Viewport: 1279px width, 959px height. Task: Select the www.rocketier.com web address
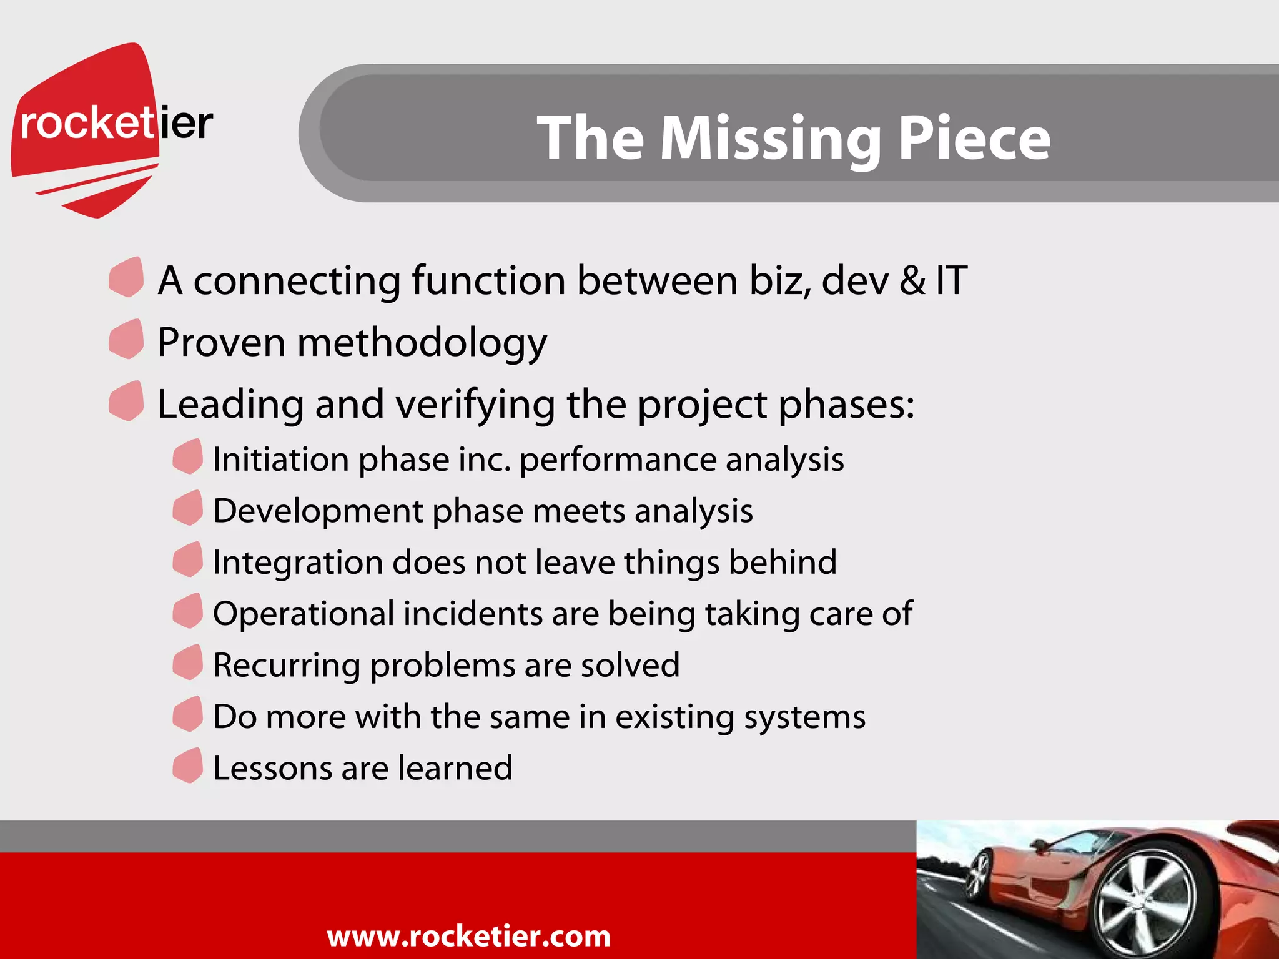click(x=468, y=936)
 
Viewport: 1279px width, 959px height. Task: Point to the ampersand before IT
click(x=912, y=280)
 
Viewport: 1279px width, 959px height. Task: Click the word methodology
click(x=422, y=343)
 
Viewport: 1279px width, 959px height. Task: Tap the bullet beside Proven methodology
click(x=126, y=339)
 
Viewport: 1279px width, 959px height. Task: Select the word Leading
click(x=229, y=405)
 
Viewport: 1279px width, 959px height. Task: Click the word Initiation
click(x=280, y=460)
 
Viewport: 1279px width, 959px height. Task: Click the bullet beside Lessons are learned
click(x=187, y=765)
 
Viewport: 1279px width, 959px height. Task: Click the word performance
click(x=617, y=461)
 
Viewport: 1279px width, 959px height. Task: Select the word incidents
click(x=473, y=614)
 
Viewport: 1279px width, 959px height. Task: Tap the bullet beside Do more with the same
click(x=187, y=714)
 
